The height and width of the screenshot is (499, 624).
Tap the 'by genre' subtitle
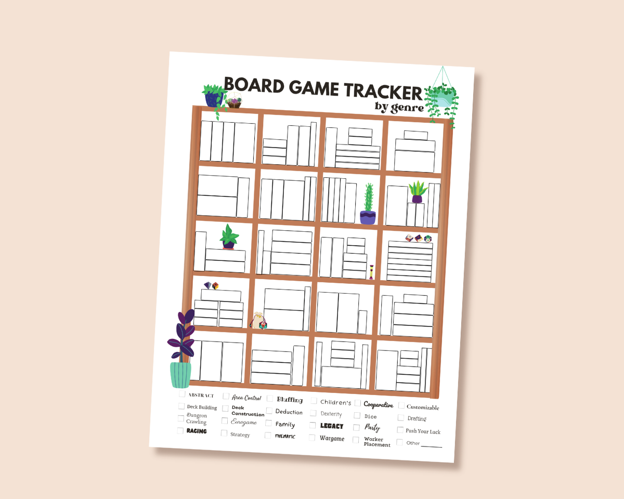399,107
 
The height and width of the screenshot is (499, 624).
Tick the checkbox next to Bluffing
270,399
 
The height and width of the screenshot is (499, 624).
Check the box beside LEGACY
313,425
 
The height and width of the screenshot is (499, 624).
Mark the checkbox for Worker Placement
356,440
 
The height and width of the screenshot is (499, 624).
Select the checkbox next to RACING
180,430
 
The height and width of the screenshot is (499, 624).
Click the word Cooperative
379,405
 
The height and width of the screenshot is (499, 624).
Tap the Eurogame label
244,422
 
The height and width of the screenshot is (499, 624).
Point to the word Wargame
332,439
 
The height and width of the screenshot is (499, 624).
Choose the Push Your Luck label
423,431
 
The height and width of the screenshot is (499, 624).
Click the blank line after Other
431,445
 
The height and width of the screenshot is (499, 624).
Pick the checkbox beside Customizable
401,405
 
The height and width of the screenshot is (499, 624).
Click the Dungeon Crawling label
197,419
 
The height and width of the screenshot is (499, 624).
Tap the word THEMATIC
285,436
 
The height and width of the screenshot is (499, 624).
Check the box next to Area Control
226,396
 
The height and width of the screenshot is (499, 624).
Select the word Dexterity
331,414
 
